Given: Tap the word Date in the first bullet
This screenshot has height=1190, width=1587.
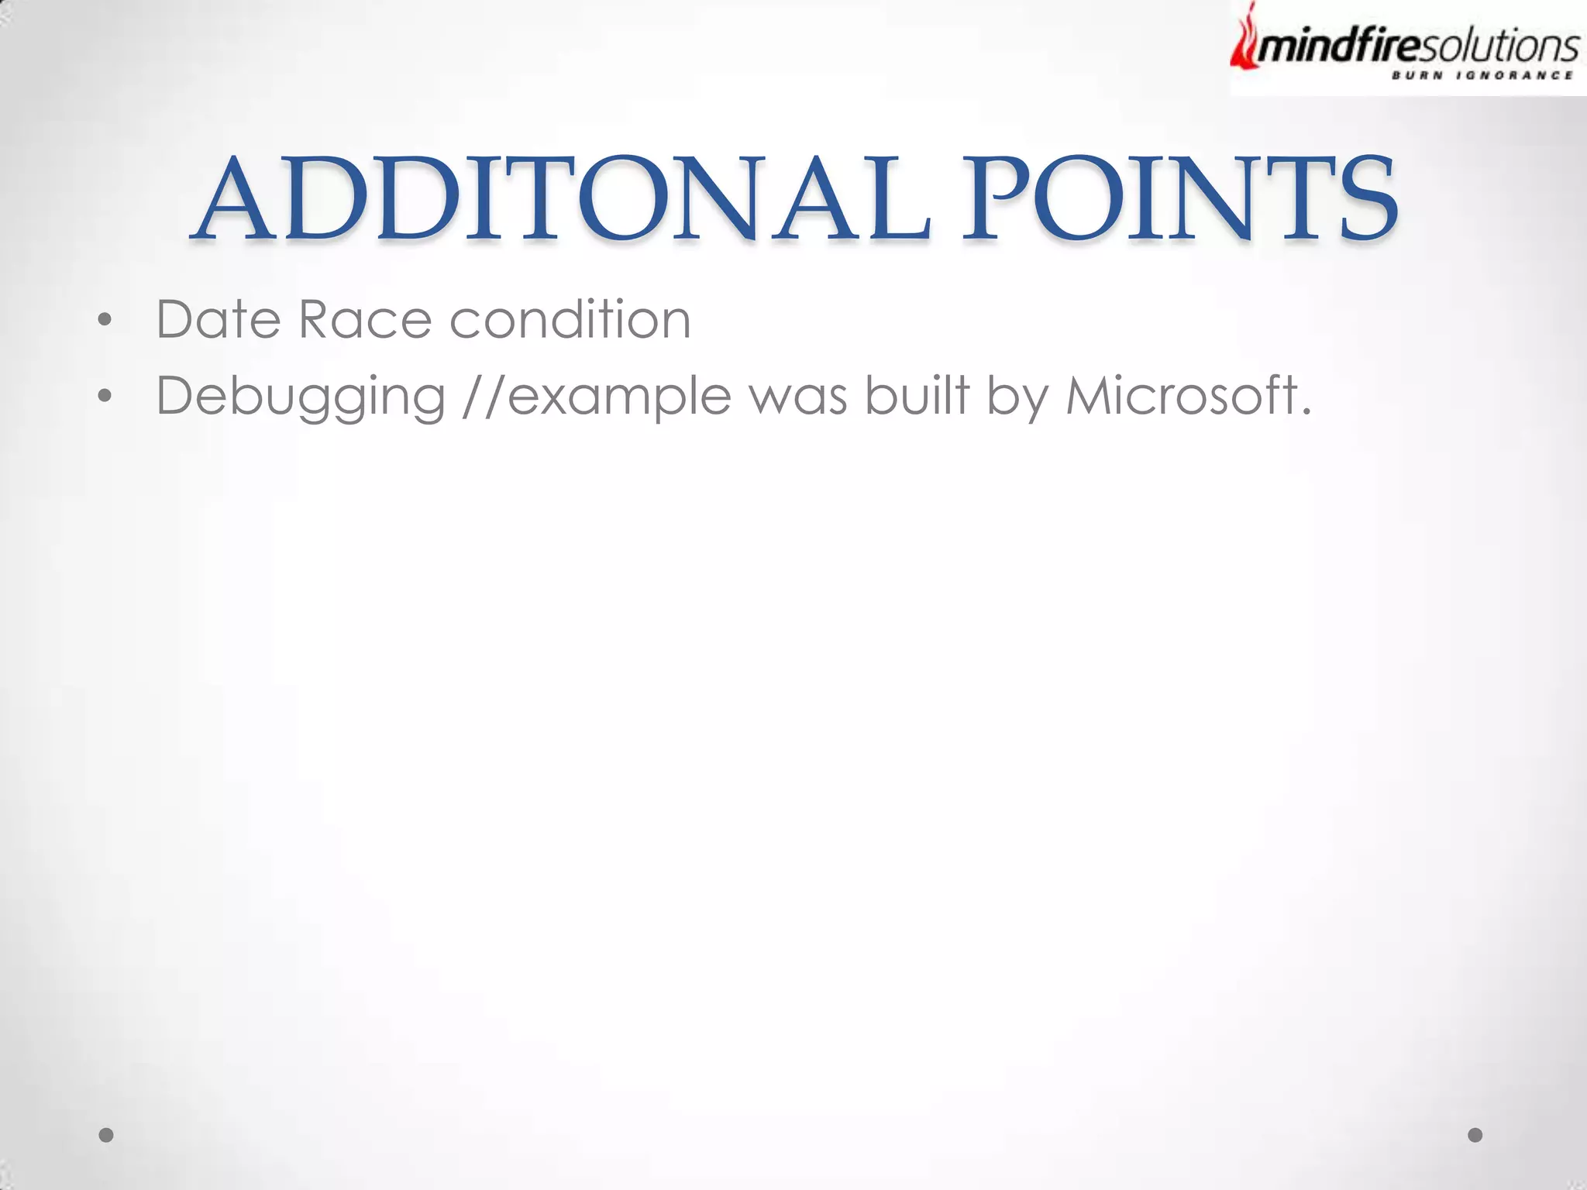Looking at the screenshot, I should point(218,319).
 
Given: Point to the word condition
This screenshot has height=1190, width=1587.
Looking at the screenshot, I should point(570,319).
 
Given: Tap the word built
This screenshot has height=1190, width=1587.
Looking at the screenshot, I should point(917,395).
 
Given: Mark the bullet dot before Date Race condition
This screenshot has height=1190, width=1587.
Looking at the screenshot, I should point(105,320).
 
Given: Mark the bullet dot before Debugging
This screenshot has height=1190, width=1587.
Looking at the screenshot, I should point(105,397).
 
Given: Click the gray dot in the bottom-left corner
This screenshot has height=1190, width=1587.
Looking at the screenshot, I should point(106,1135).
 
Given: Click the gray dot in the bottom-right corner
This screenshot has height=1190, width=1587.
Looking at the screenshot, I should point(1475,1135).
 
